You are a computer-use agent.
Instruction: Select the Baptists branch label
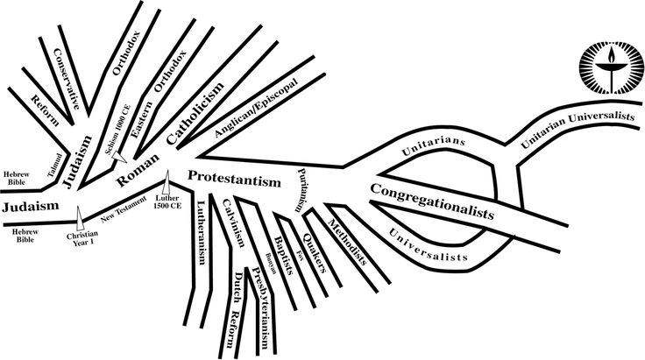click(281, 237)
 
